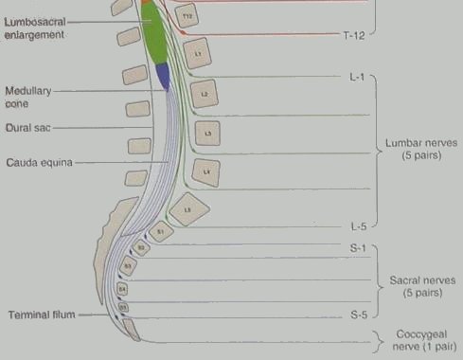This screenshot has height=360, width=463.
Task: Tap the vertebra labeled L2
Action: pyautogui.click(x=203, y=95)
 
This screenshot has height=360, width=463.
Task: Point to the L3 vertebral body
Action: pyautogui.click(x=206, y=133)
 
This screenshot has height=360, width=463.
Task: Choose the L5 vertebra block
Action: pyautogui.click(x=189, y=208)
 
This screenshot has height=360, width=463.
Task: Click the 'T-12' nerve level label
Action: pyautogui.click(x=352, y=33)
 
